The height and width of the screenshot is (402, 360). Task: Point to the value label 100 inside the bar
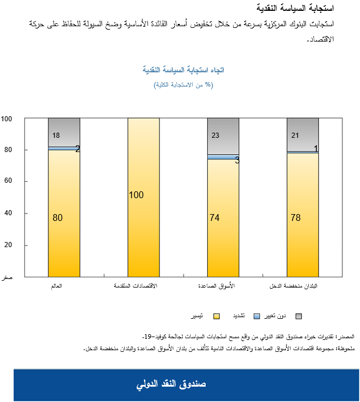pos(136,195)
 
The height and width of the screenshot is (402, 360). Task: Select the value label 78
pos(296,218)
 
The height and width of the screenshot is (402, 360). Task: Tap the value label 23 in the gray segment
pos(215,136)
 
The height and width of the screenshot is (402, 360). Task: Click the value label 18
pos(56,136)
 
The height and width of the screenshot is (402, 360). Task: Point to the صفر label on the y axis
pos(7,277)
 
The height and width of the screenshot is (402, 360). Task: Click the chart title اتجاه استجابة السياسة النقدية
pos(183,69)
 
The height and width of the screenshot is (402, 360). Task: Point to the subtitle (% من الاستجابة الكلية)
pos(183,84)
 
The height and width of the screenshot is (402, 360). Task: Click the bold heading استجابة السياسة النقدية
pos(300,9)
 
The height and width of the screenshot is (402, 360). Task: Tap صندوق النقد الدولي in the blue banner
pos(171,384)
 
